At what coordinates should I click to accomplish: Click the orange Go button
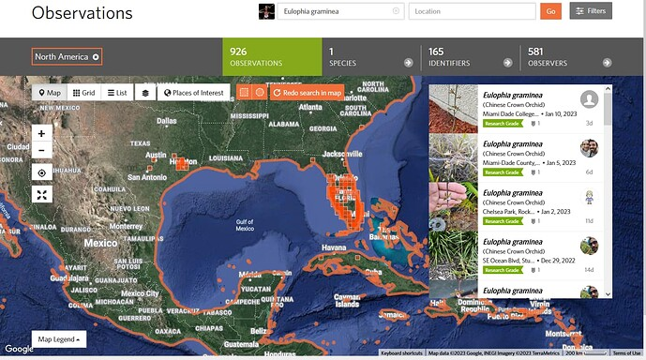550,11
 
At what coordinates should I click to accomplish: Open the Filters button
592,11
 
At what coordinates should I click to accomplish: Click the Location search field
472,11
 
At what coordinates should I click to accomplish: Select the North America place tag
67,56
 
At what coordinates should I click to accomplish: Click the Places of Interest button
194,93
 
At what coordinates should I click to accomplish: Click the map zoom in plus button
41,133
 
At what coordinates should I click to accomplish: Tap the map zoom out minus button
41,150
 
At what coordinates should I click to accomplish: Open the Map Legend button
57,338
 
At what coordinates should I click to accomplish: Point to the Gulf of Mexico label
245,225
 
